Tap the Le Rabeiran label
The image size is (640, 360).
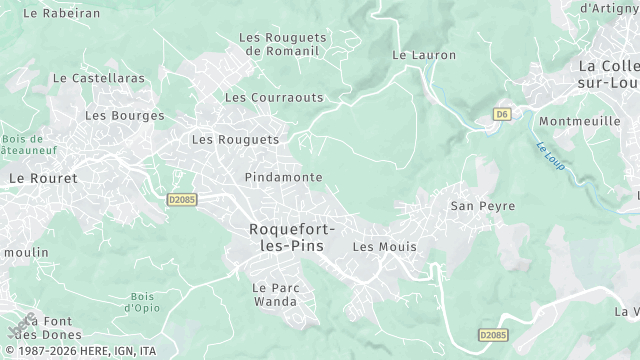[61, 14]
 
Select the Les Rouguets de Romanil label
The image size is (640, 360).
[279, 44]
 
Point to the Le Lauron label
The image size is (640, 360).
[416, 56]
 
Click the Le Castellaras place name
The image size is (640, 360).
[98, 77]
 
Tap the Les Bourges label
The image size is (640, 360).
[124, 116]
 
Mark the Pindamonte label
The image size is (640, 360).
[283, 177]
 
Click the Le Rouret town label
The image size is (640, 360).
[43, 177]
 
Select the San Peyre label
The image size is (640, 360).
[483, 206]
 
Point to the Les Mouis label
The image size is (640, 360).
[385, 246]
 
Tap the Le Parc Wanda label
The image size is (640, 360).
[274, 294]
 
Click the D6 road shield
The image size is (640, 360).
[502, 115]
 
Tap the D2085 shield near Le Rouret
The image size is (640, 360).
[181, 200]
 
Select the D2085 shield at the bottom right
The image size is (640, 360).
[494, 335]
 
